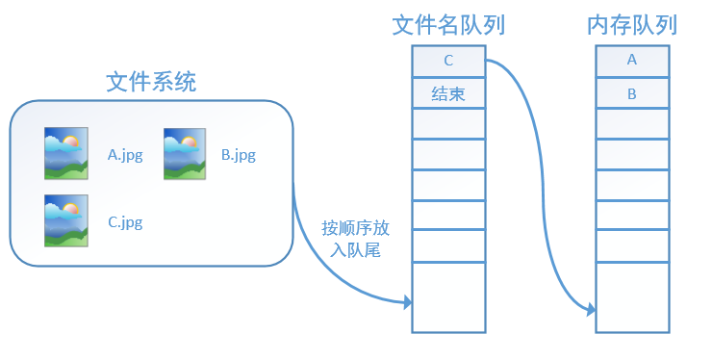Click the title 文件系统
pos(151,83)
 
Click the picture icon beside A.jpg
pos(66,154)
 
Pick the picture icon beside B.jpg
pos(186,154)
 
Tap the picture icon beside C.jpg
pos(66,220)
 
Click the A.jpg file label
pos(125,154)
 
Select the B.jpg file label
pos(239,154)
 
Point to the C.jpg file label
pos(125,222)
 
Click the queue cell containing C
pos(448,62)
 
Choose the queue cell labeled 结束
pos(448,94)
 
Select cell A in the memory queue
pos(632,60)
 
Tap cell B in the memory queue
pos(632,94)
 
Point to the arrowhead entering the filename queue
pos(408,302)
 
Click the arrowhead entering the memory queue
pos(591,309)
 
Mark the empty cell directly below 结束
pos(448,124)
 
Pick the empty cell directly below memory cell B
pos(632,124)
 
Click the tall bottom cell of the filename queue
pos(448,296)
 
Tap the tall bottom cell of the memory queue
pos(632,296)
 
